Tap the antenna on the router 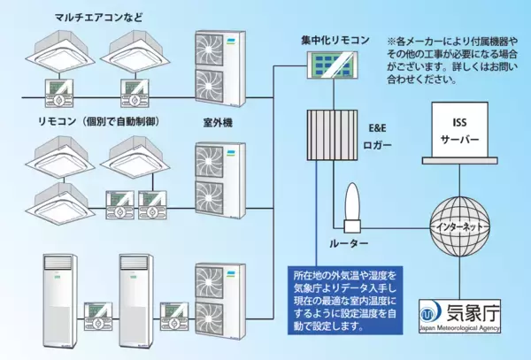(348, 203)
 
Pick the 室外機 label (217, 122)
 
